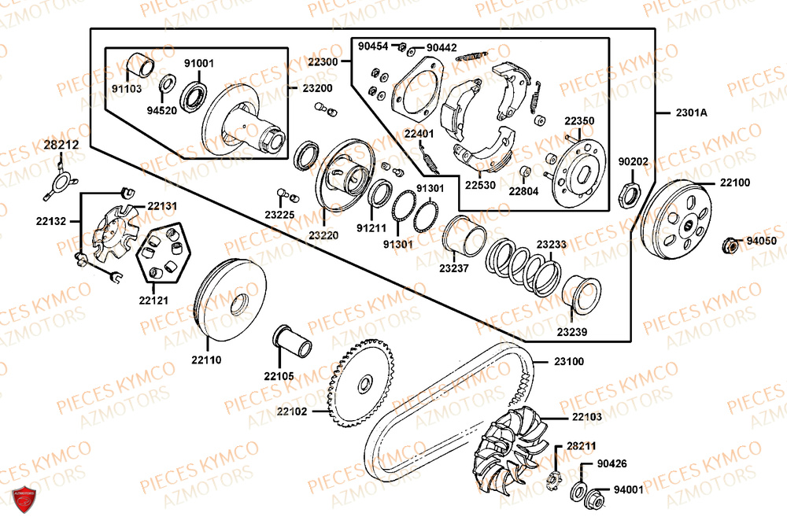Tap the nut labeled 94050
point(730,246)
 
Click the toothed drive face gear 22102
point(364,383)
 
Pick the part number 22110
point(205,360)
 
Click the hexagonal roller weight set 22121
point(164,252)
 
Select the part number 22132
point(51,221)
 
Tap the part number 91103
point(126,89)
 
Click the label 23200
point(317,88)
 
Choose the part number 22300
point(323,61)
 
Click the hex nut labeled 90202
point(628,191)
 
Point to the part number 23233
point(551,245)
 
